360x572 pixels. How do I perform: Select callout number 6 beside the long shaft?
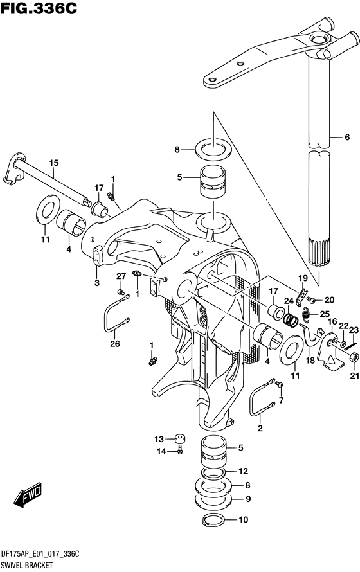346,137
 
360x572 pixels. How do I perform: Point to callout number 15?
53,162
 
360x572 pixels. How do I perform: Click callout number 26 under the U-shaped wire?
114,344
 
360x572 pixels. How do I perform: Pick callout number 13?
158,439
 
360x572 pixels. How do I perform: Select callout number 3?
97,283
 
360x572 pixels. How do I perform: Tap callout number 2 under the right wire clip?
260,428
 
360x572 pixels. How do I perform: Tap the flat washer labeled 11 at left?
46,210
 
